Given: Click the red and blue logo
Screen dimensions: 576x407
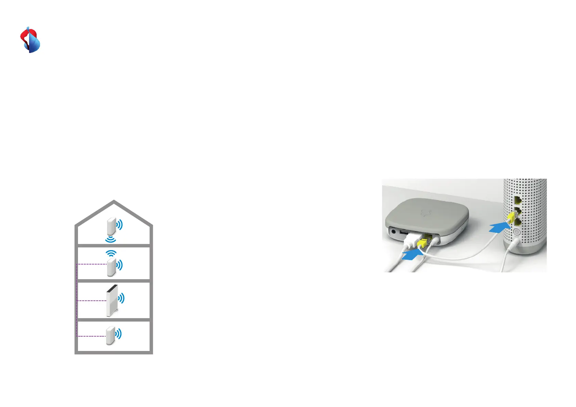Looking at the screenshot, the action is pos(30,40).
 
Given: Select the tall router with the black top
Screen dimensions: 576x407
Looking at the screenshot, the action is pos(112,301).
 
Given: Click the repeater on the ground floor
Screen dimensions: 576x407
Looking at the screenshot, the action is pos(110,336).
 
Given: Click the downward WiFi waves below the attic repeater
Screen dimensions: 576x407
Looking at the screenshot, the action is pos(110,239).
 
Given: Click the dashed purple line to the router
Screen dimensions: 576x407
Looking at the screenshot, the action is pos(92,301).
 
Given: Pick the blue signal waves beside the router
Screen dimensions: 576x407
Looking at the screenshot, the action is pos(121,298).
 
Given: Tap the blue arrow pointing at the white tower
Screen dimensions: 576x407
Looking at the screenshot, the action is pos(498,227).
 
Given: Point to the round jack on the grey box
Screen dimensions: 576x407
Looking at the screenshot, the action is pos(394,232).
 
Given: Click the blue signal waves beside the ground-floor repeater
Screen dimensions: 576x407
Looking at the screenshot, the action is pos(119,334).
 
